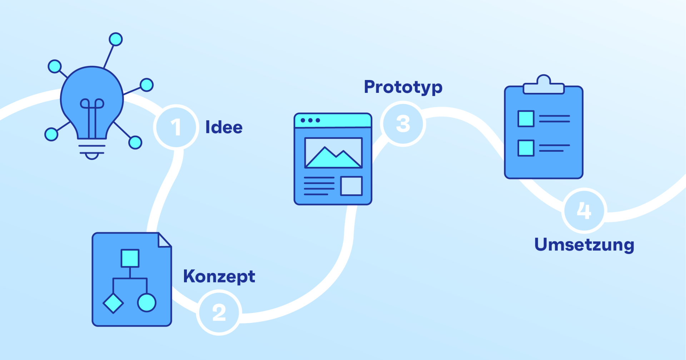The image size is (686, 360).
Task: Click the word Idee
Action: (x=224, y=127)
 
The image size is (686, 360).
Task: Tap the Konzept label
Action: (x=219, y=277)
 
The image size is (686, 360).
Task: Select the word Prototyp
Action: (x=403, y=87)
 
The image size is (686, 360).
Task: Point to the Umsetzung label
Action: (x=584, y=245)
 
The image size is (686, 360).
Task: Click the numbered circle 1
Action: (x=176, y=127)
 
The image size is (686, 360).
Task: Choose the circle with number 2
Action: (x=219, y=312)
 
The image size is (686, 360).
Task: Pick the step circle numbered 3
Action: (x=403, y=124)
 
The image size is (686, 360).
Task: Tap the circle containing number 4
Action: (x=584, y=210)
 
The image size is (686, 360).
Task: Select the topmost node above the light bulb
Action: (x=116, y=39)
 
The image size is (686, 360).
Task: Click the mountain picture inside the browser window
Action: (x=333, y=153)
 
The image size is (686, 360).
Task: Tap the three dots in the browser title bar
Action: (x=310, y=120)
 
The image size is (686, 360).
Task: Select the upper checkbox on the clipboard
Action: (x=526, y=119)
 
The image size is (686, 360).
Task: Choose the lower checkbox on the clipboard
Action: (x=526, y=148)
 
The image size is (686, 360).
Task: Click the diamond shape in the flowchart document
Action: (x=113, y=303)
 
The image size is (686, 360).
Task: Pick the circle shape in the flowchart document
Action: (x=147, y=302)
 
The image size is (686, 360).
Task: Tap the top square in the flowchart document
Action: (x=130, y=258)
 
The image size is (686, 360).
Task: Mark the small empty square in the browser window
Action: (x=351, y=186)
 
